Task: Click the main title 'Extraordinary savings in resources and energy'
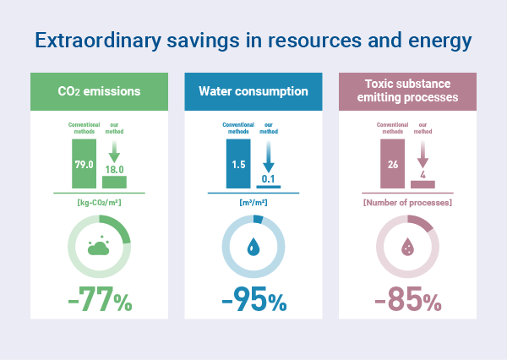(253, 41)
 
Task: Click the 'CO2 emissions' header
(99, 91)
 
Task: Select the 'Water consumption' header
(253, 91)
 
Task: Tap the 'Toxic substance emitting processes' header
(407, 91)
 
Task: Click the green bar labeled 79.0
(84, 164)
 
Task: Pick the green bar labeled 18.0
(114, 182)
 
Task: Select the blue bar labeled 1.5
(238, 163)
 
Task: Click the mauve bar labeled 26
(393, 164)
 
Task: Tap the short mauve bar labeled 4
(422, 183)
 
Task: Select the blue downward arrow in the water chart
(268, 153)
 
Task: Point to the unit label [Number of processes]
(407, 203)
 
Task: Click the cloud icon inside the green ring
(99, 246)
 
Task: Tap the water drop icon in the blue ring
(253, 248)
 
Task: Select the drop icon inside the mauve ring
(407, 248)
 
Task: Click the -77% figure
(99, 300)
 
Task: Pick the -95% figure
(253, 300)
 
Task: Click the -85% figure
(407, 300)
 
